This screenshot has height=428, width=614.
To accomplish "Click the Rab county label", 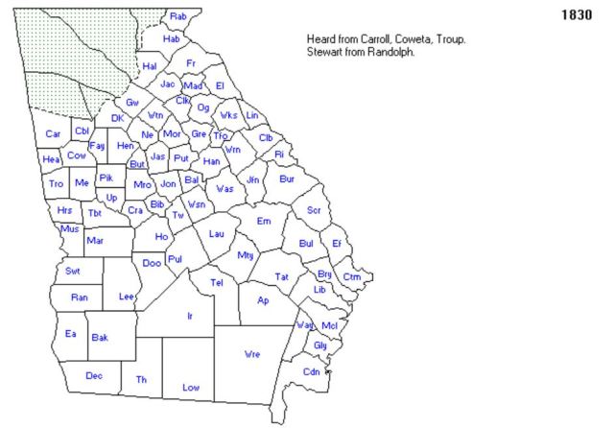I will [177, 16].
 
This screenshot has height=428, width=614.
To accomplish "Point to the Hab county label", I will [172, 39].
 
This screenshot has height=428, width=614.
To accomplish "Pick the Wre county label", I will [252, 354].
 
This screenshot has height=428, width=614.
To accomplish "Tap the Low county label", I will [190, 387].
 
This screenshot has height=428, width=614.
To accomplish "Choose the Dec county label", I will [94, 375].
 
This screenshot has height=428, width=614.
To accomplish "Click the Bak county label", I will [100, 337].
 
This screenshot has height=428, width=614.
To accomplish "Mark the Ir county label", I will [190, 315].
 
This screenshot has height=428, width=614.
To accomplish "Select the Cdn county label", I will [312, 372].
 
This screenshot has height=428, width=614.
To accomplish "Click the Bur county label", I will [286, 178].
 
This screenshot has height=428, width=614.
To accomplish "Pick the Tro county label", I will [56, 183].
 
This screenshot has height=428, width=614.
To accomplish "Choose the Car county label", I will [54, 133].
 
